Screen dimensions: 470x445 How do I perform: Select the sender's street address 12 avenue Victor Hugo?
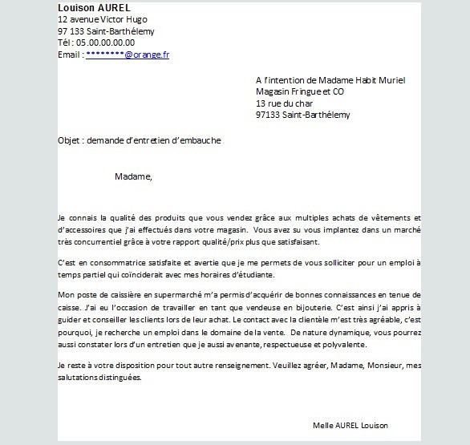pos(103,19)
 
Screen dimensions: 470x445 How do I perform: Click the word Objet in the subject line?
pos(70,140)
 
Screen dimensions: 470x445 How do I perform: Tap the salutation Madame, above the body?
pos(133,176)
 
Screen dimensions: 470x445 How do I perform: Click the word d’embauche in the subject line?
pos(197,140)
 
